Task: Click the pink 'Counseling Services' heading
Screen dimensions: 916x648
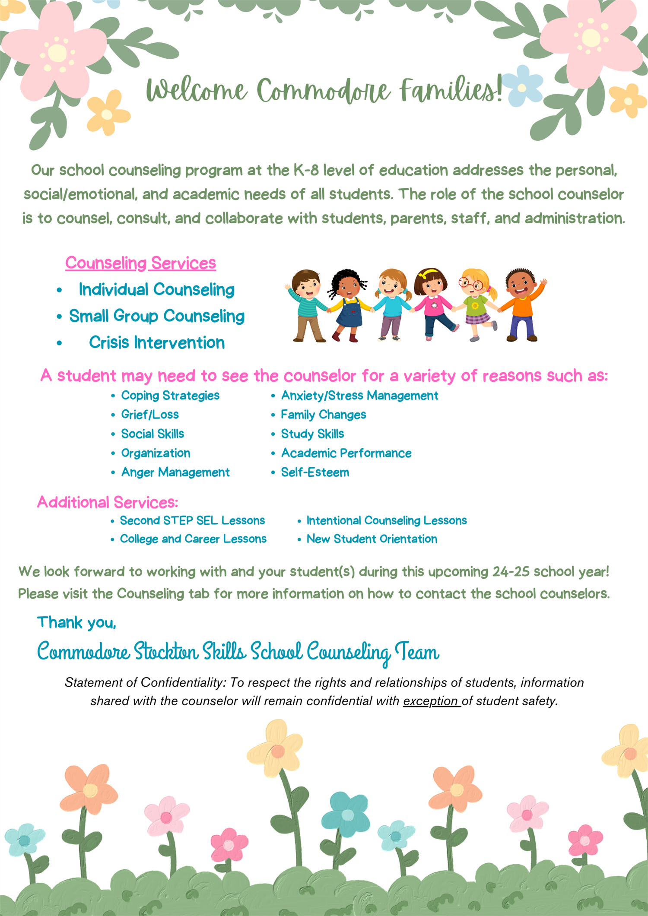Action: click(x=140, y=263)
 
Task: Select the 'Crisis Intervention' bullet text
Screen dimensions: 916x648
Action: click(x=157, y=342)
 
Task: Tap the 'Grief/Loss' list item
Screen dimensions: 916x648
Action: click(x=149, y=415)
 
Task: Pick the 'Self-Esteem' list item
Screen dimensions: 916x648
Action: click(x=315, y=472)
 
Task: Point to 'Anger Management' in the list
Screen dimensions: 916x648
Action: click(x=175, y=472)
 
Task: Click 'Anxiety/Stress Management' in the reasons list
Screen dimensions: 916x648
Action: click(x=359, y=396)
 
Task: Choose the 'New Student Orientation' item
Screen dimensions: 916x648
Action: click(x=372, y=539)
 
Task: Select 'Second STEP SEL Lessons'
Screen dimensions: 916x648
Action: click(x=192, y=520)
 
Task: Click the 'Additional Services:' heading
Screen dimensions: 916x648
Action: click(x=108, y=502)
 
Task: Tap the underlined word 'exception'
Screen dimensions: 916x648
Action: click(x=431, y=701)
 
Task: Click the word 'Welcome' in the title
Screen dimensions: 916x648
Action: click(x=197, y=91)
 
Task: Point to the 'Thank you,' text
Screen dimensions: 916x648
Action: click(x=76, y=622)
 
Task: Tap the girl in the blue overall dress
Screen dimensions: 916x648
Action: click(x=349, y=304)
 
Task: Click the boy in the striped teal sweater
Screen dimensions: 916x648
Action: click(x=308, y=304)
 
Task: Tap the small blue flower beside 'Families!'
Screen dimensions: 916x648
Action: click(x=523, y=86)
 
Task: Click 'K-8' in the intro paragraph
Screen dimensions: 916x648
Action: click(x=306, y=170)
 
